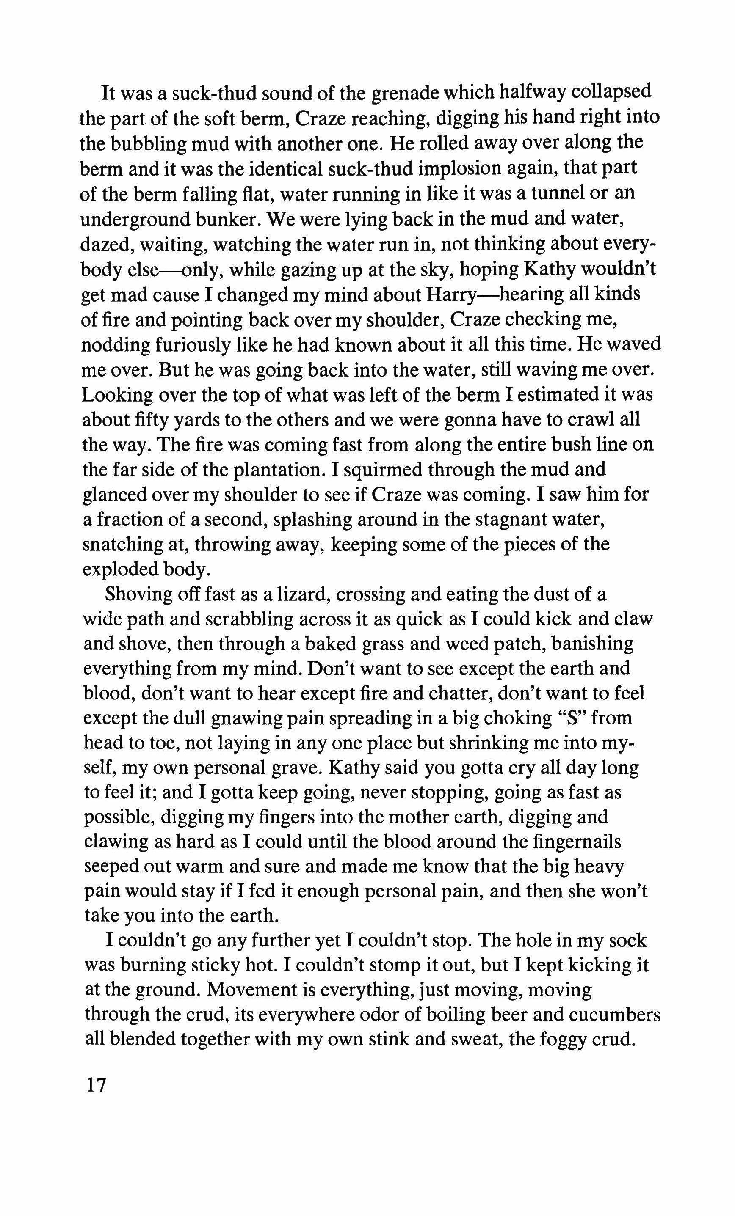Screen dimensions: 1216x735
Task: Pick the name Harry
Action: tap(452, 294)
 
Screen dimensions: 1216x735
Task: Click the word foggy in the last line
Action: tap(565, 1041)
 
